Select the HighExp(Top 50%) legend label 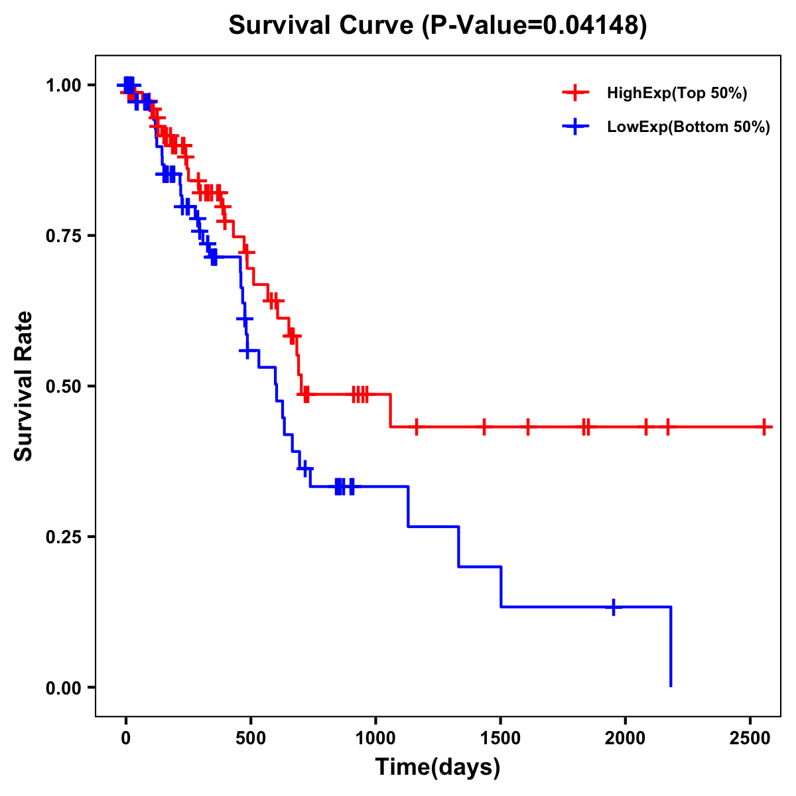(x=677, y=94)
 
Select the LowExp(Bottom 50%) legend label (x=689, y=127)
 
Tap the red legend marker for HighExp (x=575, y=93)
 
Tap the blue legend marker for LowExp (x=575, y=127)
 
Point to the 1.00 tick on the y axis (x=64, y=86)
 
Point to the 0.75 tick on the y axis (x=64, y=236)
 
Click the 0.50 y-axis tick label (x=64, y=387)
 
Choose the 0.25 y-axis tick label (x=64, y=537)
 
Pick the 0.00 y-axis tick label (x=64, y=688)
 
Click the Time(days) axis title (x=438, y=767)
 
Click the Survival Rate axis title (x=24, y=386)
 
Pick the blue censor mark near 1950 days (x=614, y=607)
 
